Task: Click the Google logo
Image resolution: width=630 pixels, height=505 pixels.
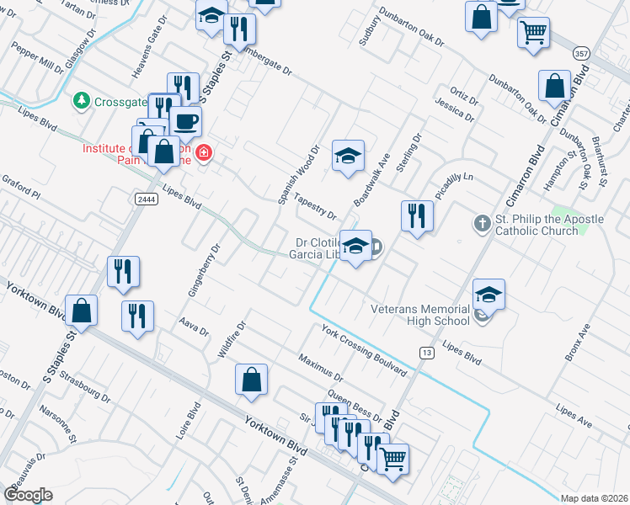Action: click(x=28, y=495)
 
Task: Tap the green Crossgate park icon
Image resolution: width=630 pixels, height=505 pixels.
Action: click(x=82, y=100)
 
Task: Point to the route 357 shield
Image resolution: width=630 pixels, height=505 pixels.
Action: click(x=580, y=52)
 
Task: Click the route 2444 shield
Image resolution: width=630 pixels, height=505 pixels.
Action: click(x=145, y=197)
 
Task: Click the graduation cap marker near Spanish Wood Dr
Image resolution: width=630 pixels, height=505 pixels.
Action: click(x=348, y=155)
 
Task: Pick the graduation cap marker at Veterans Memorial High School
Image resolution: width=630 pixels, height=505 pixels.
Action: click(x=489, y=294)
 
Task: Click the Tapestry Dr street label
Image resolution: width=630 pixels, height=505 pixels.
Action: click(x=316, y=207)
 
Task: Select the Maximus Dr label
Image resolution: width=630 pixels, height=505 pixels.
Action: click(x=320, y=367)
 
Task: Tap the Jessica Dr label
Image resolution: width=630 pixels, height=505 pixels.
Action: click(x=456, y=112)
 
